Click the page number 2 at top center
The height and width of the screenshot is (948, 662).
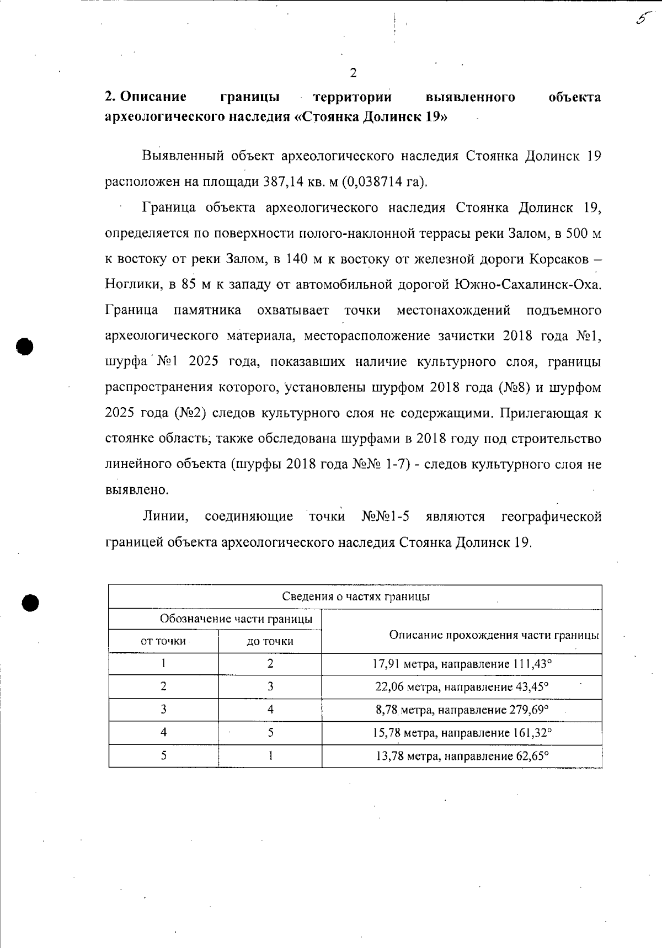[353, 73]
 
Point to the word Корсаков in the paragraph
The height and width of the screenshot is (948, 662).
[557, 259]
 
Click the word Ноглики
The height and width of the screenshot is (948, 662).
[132, 284]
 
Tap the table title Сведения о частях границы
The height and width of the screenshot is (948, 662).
[356, 597]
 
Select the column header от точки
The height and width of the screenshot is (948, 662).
[163, 641]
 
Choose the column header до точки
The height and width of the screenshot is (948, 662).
[270, 641]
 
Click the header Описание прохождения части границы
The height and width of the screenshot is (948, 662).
[494, 635]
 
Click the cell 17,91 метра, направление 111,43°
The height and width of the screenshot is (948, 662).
[462, 664]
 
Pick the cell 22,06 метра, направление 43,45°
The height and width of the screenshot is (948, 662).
[462, 687]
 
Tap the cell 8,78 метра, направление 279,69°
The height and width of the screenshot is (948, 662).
[462, 710]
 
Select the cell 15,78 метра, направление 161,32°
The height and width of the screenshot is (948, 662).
[462, 733]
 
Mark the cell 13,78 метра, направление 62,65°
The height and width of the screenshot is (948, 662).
[462, 756]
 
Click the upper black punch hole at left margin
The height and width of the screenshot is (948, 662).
[25, 345]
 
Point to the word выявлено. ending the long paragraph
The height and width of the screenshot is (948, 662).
[136, 490]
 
